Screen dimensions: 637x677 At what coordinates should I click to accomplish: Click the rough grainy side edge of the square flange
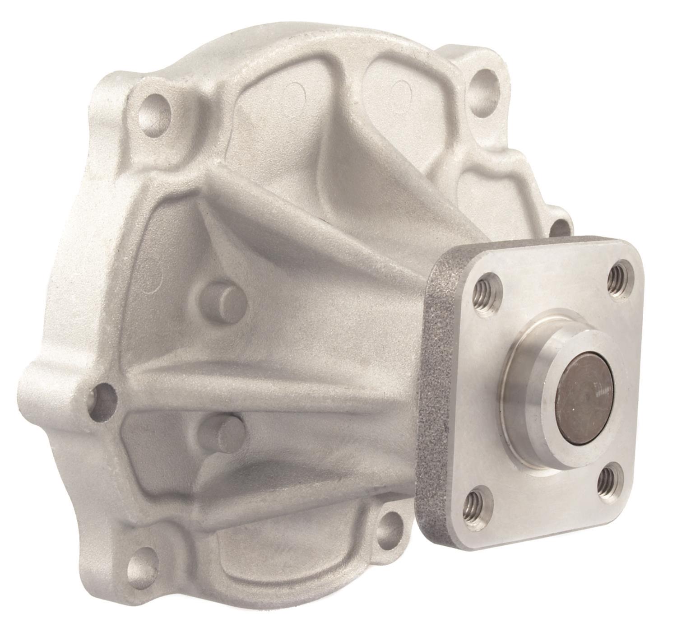(x=434, y=384)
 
